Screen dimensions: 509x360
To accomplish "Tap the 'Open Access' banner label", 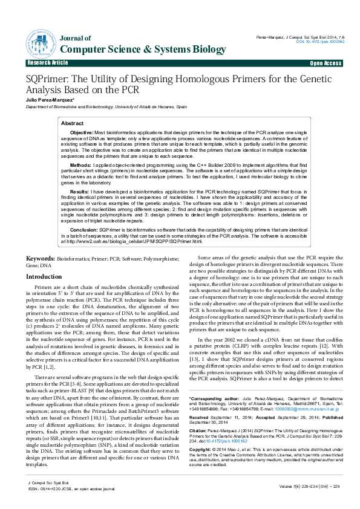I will point(326,63).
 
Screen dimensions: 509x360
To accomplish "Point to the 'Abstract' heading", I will point(73,123).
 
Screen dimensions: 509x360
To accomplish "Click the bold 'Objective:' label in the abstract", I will point(82,132).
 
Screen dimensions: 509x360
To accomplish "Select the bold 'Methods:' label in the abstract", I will point(81,164).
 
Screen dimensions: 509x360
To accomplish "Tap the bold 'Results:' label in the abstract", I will point(80,190).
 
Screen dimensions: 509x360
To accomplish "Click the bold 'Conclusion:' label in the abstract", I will point(83,230).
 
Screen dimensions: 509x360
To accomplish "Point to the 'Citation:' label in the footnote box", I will point(200,418).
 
